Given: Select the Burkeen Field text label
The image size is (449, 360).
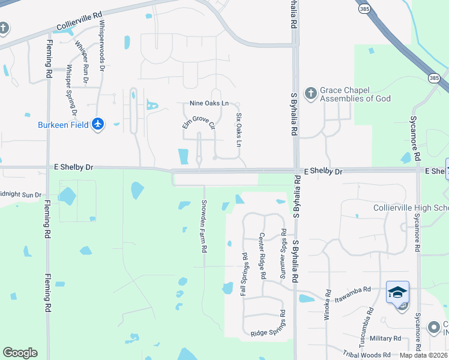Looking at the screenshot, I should click(x=64, y=125).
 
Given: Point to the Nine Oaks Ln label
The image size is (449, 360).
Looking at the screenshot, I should click(x=209, y=104).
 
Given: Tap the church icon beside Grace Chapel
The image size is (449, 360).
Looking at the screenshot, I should click(x=310, y=94).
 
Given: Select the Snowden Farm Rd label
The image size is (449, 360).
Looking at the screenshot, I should click(x=204, y=226).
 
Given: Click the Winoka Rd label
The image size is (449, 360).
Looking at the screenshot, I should click(x=328, y=305).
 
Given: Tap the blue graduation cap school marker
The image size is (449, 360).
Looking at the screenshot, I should click(x=397, y=292).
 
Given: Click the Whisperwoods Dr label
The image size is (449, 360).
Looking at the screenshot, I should click(x=101, y=46).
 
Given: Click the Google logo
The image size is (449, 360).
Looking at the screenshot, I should click(x=20, y=353).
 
